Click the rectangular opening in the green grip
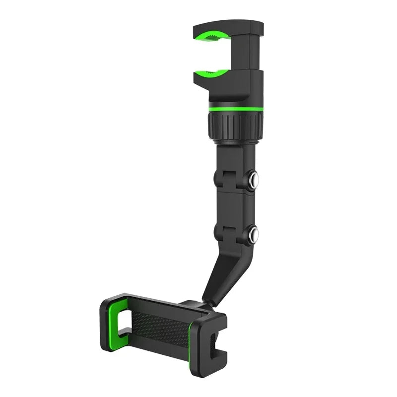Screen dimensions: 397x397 click(122, 318)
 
